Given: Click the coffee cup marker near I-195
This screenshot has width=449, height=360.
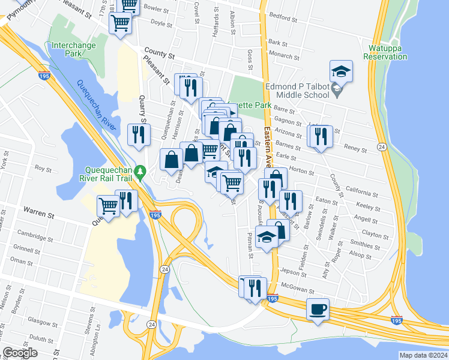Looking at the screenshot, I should pos(318,310).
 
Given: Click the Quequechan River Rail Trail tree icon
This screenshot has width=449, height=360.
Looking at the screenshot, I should pos(140,172).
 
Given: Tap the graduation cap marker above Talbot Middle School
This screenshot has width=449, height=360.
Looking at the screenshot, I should pos(341,72).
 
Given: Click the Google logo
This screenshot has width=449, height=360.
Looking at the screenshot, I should pos(20,353).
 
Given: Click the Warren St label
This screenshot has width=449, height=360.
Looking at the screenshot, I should pos(39,211).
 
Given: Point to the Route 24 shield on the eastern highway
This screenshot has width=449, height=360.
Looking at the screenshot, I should pos(381,147).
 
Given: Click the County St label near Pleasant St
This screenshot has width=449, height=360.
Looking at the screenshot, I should pos(163,55).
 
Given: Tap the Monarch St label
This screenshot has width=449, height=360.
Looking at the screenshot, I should pos(285,55).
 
